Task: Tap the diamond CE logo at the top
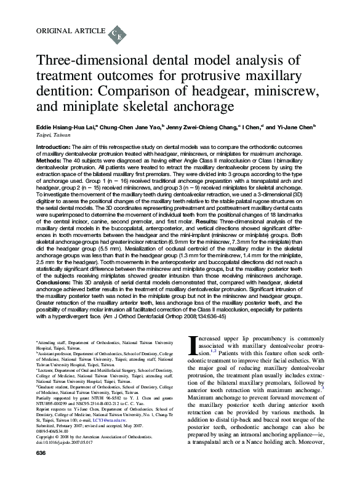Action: (x=118, y=33)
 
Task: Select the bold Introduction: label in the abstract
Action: (x=54, y=148)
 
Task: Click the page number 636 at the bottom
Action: (x=41, y=471)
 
